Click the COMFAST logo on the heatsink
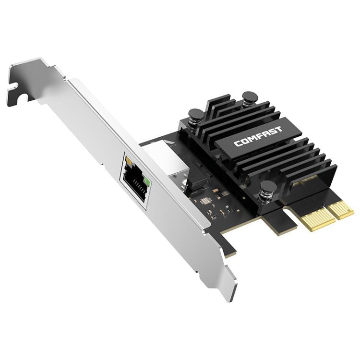click(258, 136)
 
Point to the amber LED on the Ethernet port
click(127, 158)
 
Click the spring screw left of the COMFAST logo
click(196, 116)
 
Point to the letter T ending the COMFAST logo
click(279, 129)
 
